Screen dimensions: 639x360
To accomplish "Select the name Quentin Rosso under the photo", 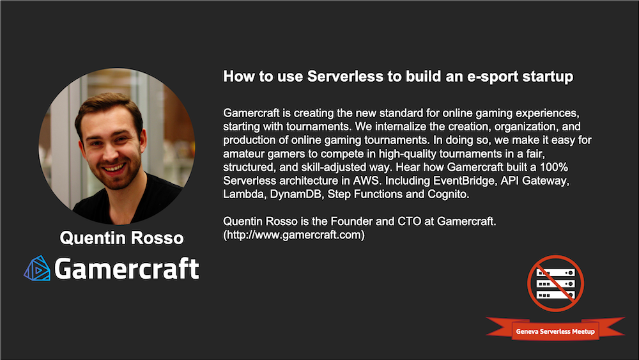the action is coord(121,238).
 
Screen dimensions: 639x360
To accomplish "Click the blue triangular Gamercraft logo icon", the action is coord(37,268).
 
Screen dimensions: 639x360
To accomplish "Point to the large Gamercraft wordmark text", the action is coord(127,269).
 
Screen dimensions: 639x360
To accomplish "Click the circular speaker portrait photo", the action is coord(116,146).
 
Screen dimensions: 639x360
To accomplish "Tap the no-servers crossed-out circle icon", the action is coord(555,283).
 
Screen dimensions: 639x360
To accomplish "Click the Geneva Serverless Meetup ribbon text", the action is coord(555,331).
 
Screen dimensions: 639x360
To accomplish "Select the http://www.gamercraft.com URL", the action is coord(294,235).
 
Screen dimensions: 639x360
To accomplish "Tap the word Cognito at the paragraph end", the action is coord(448,194).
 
